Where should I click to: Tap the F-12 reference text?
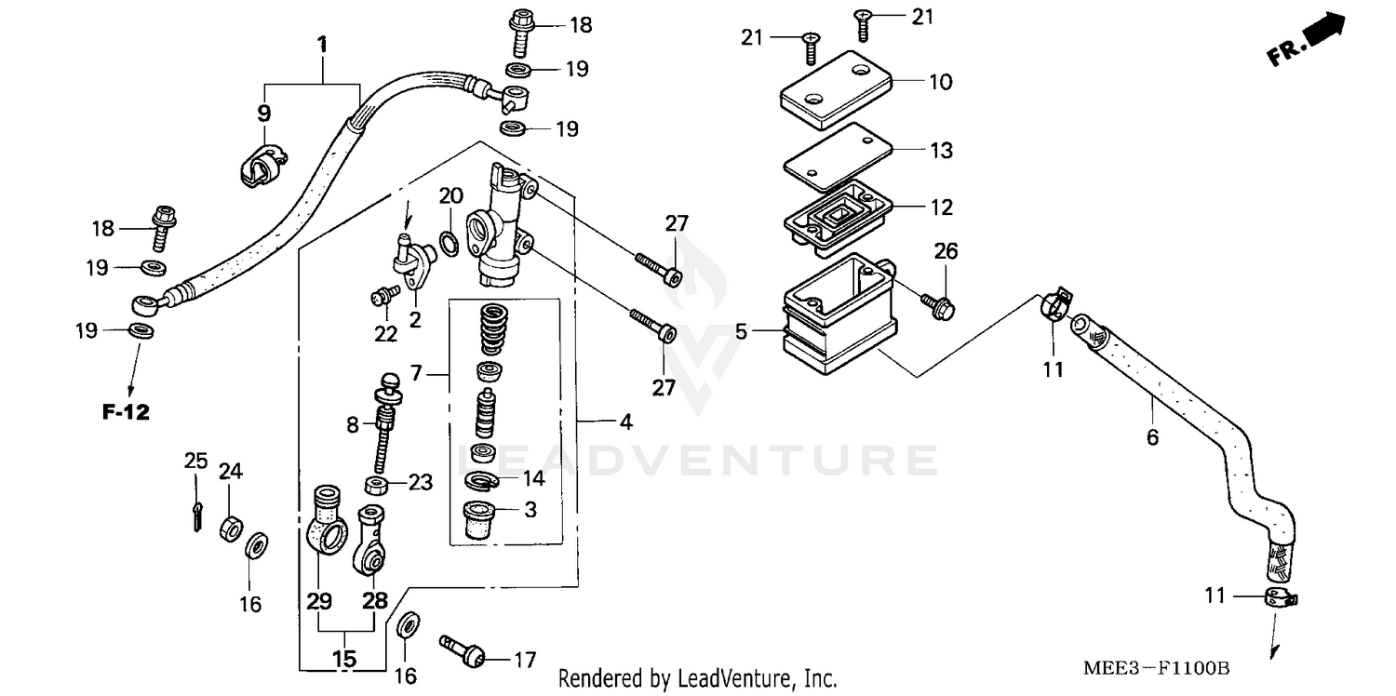(126, 412)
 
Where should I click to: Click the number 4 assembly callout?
(625, 422)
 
